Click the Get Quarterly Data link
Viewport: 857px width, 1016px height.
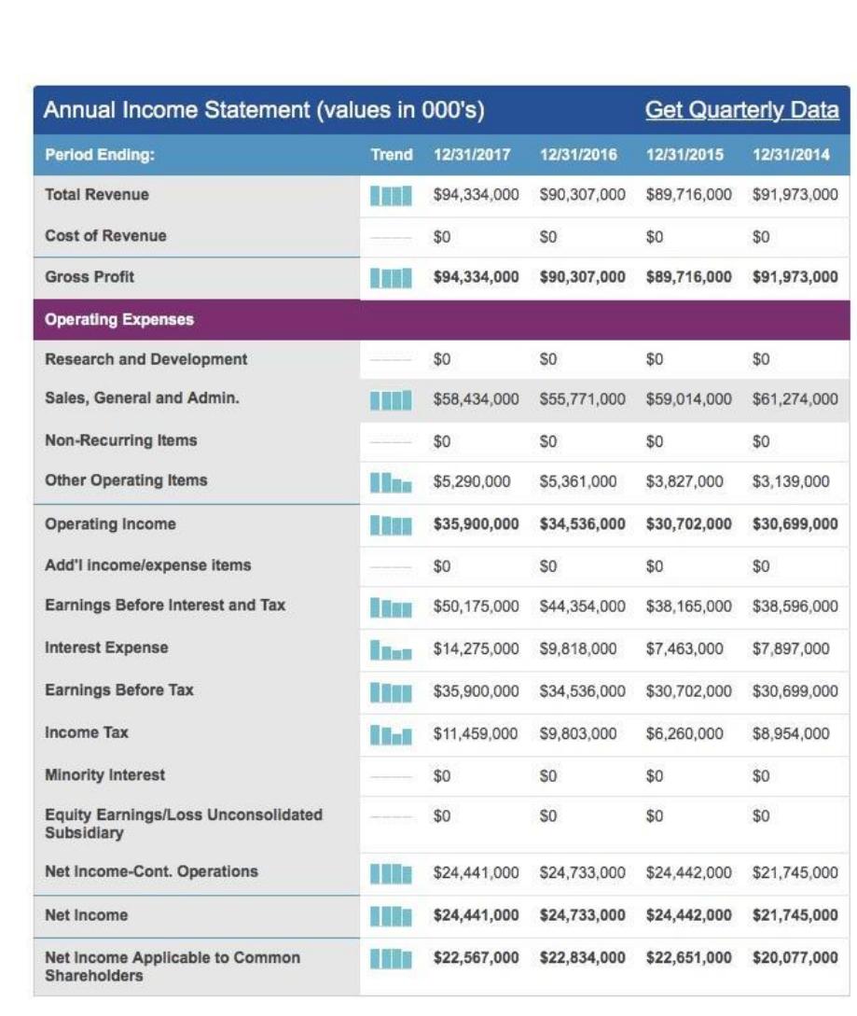[x=741, y=110]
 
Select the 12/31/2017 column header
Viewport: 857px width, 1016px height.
[x=472, y=155]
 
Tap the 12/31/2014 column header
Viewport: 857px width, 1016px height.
[x=791, y=155]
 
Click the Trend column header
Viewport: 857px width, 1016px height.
[x=392, y=155]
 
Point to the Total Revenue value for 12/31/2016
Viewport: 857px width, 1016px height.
[x=582, y=194]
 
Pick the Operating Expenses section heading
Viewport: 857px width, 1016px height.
[x=119, y=319]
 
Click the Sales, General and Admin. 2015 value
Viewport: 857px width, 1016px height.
[x=688, y=399]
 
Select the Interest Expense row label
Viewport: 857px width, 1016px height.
[x=106, y=647]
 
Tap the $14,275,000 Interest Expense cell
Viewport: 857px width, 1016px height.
[x=477, y=648]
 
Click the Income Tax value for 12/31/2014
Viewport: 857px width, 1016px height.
[x=791, y=733]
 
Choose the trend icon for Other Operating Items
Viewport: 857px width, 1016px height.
[x=391, y=482]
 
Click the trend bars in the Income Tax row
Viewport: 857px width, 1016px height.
[x=391, y=734]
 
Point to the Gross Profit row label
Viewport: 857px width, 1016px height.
[x=90, y=277]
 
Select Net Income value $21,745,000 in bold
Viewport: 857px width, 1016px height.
[x=795, y=915]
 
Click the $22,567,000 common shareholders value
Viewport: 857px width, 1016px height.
[x=477, y=957]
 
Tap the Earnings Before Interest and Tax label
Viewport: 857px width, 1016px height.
[x=165, y=605]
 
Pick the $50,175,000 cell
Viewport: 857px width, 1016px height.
[x=477, y=606]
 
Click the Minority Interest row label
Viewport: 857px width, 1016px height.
[x=105, y=775]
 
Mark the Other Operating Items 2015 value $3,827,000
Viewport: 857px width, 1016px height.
[x=684, y=481]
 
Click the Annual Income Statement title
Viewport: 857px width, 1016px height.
[x=264, y=110]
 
